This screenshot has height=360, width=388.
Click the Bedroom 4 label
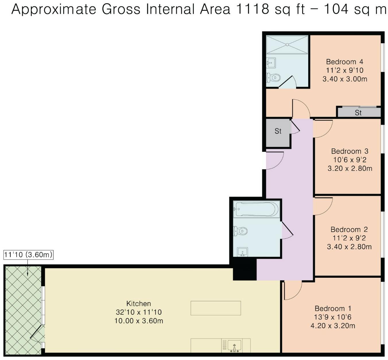pos(344,62)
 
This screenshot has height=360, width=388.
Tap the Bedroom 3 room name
pos(350,151)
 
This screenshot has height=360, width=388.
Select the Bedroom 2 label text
pos(349,230)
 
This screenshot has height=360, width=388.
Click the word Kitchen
pos(139,304)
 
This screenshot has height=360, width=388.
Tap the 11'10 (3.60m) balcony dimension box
pos(28,255)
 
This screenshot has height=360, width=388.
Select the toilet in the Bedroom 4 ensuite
pos(273,78)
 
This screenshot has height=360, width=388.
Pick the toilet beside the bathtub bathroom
pos(240,231)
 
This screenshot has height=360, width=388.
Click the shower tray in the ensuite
pos(287,44)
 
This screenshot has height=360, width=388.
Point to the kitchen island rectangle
pos(216,308)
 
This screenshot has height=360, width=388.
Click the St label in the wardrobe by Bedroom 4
pos(358,113)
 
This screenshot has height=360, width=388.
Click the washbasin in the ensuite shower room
pos(271,63)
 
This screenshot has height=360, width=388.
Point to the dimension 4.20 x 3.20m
pos(333,326)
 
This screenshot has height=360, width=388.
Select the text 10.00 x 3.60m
pos(139,321)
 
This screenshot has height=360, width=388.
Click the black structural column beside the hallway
pos(245,269)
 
